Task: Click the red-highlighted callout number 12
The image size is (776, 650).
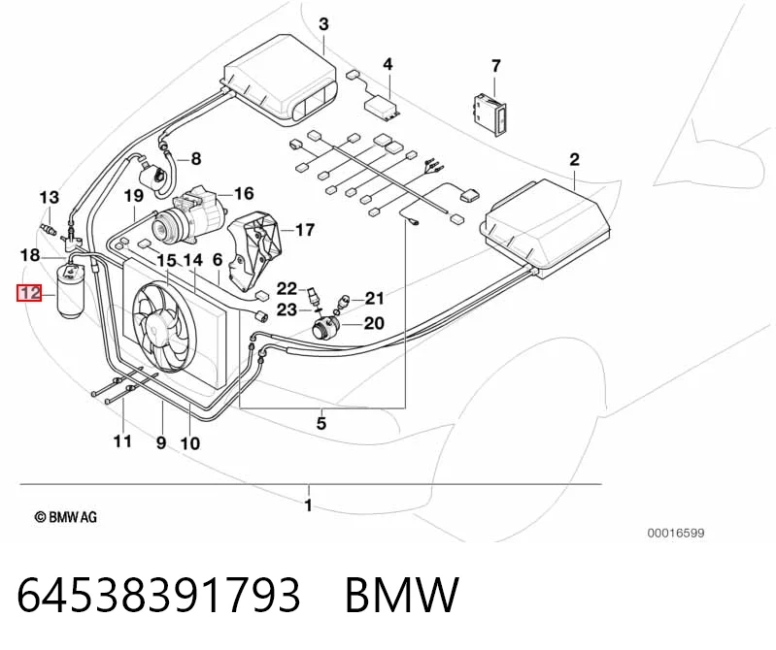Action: coord(30,293)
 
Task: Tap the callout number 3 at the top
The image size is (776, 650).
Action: coord(323,23)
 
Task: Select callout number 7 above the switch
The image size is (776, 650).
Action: coord(496,66)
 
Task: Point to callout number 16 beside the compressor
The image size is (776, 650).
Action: coord(244,193)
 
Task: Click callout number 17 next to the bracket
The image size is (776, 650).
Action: coord(305,230)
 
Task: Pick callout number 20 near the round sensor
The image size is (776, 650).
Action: coord(374,323)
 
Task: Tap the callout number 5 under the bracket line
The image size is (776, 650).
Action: coord(321,423)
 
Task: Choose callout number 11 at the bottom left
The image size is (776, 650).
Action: coord(122,440)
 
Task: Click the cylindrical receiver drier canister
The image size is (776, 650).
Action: coord(71,292)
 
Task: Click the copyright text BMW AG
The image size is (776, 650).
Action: coord(66,517)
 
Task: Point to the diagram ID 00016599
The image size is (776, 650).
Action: coord(676,533)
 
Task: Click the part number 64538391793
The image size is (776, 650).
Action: coord(158,595)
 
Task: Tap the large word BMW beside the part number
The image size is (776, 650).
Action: coord(402,595)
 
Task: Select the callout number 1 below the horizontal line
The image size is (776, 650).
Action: coord(308,505)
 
